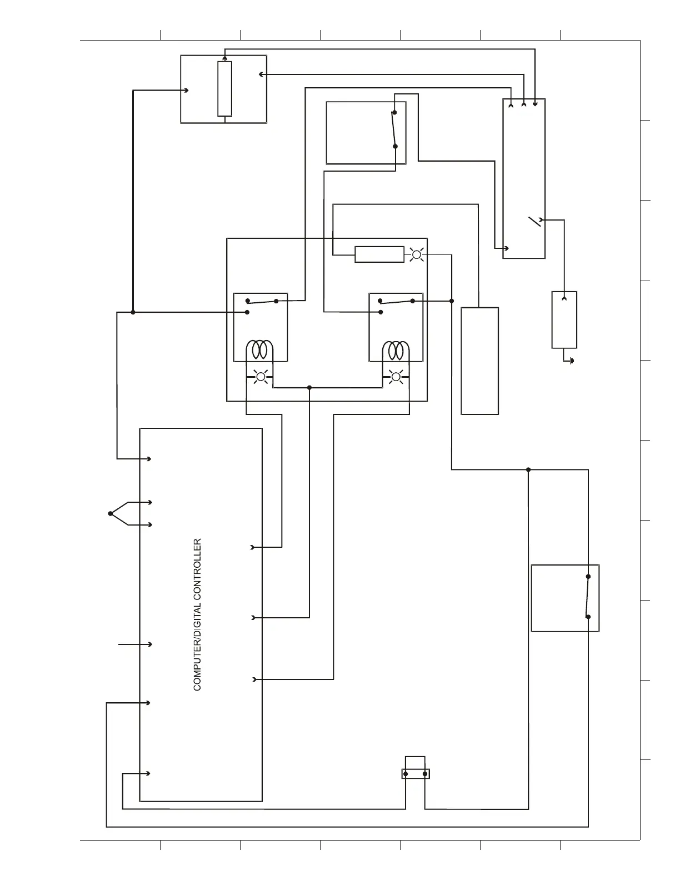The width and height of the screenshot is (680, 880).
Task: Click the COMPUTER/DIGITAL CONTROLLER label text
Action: tap(197, 614)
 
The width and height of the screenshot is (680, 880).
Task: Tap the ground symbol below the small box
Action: tap(572, 361)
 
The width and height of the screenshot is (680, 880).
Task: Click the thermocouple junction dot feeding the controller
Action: tap(111, 513)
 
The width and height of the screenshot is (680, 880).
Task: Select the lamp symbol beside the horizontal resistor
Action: tap(417, 254)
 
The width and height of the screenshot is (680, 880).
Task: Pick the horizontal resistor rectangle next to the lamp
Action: tap(379, 254)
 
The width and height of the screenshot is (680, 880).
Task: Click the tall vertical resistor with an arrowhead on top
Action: tap(224, 89)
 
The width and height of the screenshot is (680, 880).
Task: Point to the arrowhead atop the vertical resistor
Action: tap(224, 58)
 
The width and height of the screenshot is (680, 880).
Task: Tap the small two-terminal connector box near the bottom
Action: tap(416, 773)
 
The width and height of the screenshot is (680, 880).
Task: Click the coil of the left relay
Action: tap(260, 350)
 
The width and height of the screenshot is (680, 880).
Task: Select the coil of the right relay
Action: tap(396, 350)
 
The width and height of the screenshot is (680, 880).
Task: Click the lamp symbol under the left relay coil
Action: tap(260, 377)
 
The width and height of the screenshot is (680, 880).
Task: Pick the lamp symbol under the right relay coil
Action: tap(396, 377)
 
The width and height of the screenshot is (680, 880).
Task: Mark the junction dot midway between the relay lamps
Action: tap(309, 387)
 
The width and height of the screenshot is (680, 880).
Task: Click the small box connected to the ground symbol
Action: tap(564, 320)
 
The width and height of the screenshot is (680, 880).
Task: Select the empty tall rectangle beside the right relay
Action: tap(479, 361)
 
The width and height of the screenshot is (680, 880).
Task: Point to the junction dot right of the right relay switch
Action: tap(452, 301)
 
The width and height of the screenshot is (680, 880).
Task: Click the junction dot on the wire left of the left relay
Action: tap(133, 312)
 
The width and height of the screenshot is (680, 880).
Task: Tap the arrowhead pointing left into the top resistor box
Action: tap(262, 74)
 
